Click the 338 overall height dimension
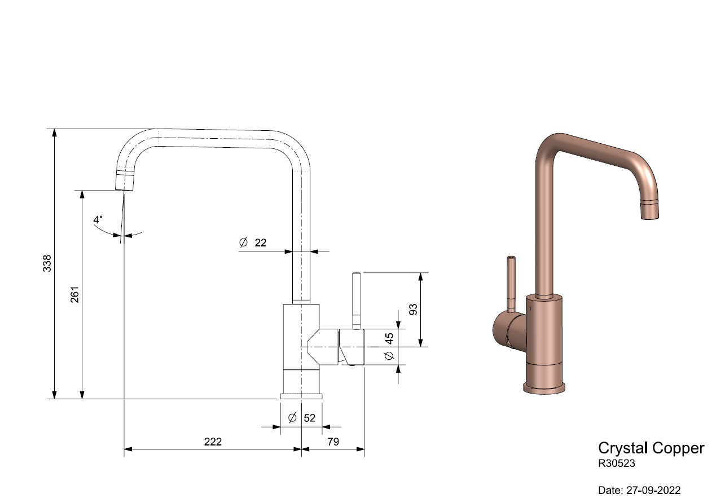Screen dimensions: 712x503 47,263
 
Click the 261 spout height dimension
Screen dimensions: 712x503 74,294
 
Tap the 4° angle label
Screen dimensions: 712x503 98,219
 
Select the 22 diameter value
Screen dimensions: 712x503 260,243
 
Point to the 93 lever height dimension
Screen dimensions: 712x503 413,309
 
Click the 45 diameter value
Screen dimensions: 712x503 389,338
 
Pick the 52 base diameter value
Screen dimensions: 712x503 310,418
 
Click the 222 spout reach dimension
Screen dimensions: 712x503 213,442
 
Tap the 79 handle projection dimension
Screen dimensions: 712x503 333,442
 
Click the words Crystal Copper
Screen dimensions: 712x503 651,448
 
